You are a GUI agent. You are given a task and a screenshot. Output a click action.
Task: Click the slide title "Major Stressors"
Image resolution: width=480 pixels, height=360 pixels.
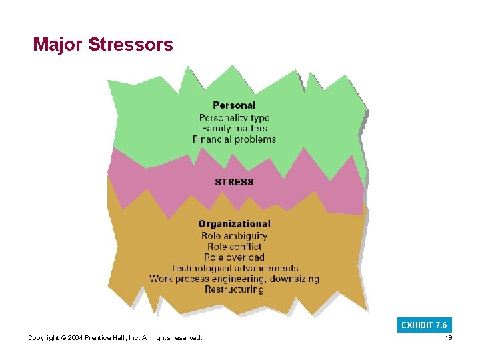103,45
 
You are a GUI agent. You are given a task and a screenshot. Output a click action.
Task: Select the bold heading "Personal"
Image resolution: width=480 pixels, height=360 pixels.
234,105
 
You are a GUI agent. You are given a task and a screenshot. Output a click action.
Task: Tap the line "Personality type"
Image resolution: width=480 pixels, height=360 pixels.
234,117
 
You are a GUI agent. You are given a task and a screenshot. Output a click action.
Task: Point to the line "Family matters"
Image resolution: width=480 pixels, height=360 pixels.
234,128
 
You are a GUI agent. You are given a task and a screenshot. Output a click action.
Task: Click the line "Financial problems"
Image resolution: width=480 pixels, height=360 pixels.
234,139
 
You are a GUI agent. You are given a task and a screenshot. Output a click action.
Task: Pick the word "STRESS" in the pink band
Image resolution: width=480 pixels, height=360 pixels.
234,182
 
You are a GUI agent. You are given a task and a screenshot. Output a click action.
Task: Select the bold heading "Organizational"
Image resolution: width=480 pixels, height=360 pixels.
234,224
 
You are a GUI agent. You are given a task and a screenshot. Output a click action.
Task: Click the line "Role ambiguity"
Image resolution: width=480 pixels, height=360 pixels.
234,235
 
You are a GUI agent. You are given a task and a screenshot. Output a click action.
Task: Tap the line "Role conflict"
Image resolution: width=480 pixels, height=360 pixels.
234,246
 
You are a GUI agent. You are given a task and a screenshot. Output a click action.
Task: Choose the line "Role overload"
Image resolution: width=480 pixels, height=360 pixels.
234,257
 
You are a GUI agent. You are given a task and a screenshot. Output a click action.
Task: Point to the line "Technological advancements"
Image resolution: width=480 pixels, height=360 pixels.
234,268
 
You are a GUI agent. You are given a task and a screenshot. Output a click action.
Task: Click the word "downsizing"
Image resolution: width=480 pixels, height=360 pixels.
293,279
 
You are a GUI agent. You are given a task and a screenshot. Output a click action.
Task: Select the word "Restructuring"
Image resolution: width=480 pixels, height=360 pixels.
234,289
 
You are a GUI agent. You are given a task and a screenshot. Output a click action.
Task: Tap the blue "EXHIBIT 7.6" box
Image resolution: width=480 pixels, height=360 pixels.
425,325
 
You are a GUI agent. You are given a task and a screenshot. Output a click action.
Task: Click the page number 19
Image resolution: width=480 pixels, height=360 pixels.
448,338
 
